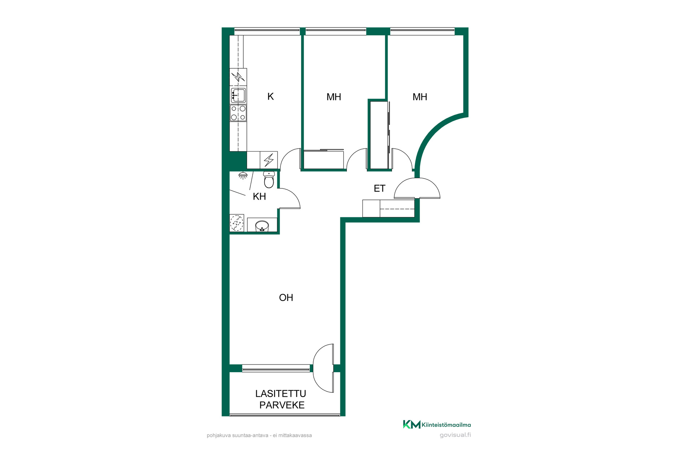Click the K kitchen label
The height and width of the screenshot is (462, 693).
tap(271, 96)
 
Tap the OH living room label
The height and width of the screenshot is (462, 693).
tap(286, 297)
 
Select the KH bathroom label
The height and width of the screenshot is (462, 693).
tap(259, 196)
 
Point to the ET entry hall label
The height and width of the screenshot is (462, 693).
tap(379, 188)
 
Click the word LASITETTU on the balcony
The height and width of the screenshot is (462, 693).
tap(280, 393)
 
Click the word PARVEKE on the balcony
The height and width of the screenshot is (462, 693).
tap(282, 405)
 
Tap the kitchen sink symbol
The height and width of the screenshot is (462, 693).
tap(238, 96)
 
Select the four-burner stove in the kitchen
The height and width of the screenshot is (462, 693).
tap(238, 113)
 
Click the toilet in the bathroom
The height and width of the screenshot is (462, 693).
tap(269, 179)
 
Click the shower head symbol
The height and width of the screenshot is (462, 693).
tap(243, 176)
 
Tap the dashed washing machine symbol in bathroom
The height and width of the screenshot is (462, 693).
tap(237, 223)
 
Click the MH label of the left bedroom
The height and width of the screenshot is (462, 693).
tap(334, 97)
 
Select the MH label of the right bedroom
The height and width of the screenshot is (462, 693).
tap(420, 97)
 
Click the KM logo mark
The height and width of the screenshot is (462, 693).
tap(411, 424)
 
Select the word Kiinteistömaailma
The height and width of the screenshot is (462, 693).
tap(446, 425)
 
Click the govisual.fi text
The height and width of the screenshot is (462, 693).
tap(455, 435)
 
